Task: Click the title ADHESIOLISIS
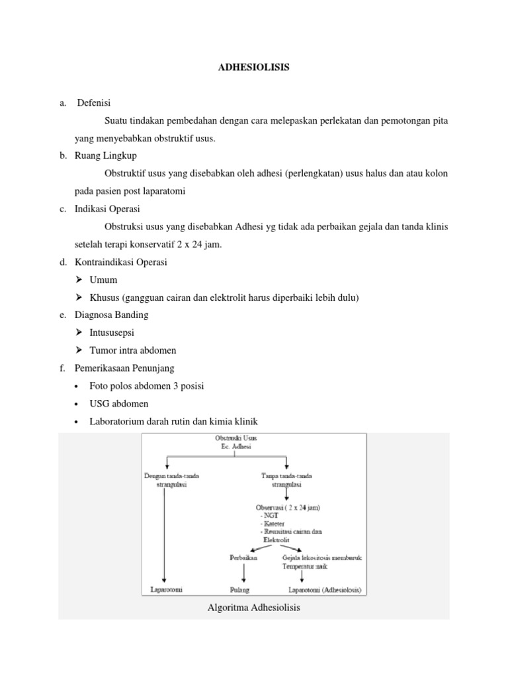(x=254, y=67)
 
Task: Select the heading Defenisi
(x=95, y=103)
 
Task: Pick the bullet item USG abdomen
(x=119, y=403)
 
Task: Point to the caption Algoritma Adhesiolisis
(x=254, y=607)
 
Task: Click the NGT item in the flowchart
(x=270, y=515)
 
